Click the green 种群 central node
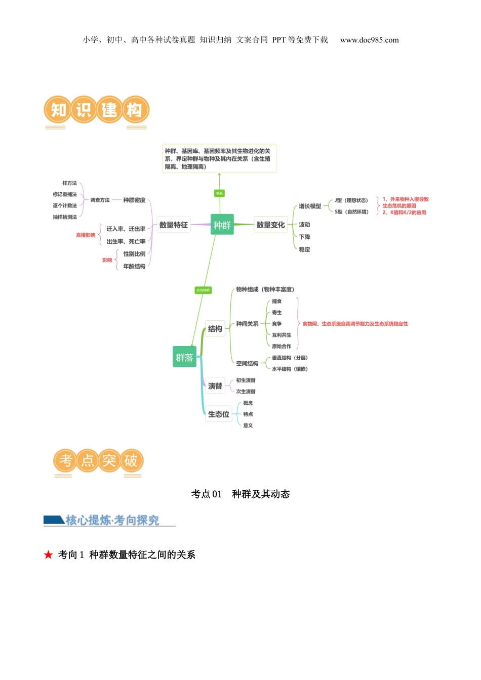click(x=222, y=225)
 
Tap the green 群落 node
click(x=184, y=357)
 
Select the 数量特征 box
click(x=173, y=225)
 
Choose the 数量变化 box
click(x=270, y=225)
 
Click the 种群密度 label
click(x=134, y=200)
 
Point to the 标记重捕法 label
click(x=65, y=194)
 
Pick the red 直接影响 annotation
click(x=86, y=235)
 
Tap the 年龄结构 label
click(x=134, y=267)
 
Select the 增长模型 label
click(x=310, y=206)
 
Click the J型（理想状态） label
click(x=351, y=201)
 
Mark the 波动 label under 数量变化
click(x=304, y=225)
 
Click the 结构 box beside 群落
click(x=215, y=329)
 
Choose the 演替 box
click(x=215, y=386)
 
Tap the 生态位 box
click(x=219, y=414)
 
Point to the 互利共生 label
click(x=282, y=335)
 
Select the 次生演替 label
click(x=246, y=392)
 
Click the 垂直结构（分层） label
click(x=290, y=358)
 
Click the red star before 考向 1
click(x=49, y=555)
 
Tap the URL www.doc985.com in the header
click(x=369, y=40)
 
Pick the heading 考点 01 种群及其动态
click(x=240, y=494)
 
